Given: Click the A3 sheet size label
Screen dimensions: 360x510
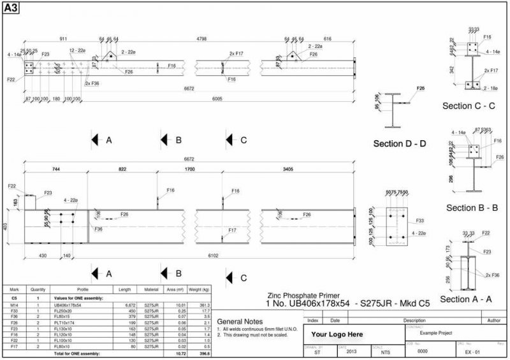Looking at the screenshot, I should coord(11,9).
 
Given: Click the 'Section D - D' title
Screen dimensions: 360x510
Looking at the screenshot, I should coord(399,143).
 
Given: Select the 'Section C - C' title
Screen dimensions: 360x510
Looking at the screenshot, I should coord(469,106).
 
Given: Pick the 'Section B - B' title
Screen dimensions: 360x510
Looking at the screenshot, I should coord(472,208).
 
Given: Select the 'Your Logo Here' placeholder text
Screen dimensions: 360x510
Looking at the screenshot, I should coord(337,334).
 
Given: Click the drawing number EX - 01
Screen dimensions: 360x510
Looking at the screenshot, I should coord(472,351).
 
